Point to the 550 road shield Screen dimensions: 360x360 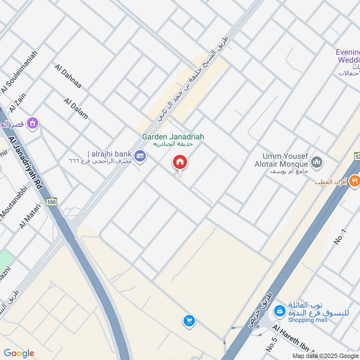[x=53, y=202]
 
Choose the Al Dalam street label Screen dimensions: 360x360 [x=76, y=108]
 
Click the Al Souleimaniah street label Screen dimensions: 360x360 [x=19, y=72]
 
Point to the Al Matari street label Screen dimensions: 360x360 [x=30, y=216]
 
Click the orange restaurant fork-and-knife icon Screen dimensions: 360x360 [x=354, y=181]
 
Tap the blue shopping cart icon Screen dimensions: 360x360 [x=189, y=320]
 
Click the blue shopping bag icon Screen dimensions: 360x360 [x=279, y=310]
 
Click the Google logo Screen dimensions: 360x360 [x=19, y=353]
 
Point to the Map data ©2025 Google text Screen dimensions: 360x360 [x=325, y=355]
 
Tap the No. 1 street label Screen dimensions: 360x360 [x=341, y=237]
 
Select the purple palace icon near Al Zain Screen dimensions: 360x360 [x=32, y=122]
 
